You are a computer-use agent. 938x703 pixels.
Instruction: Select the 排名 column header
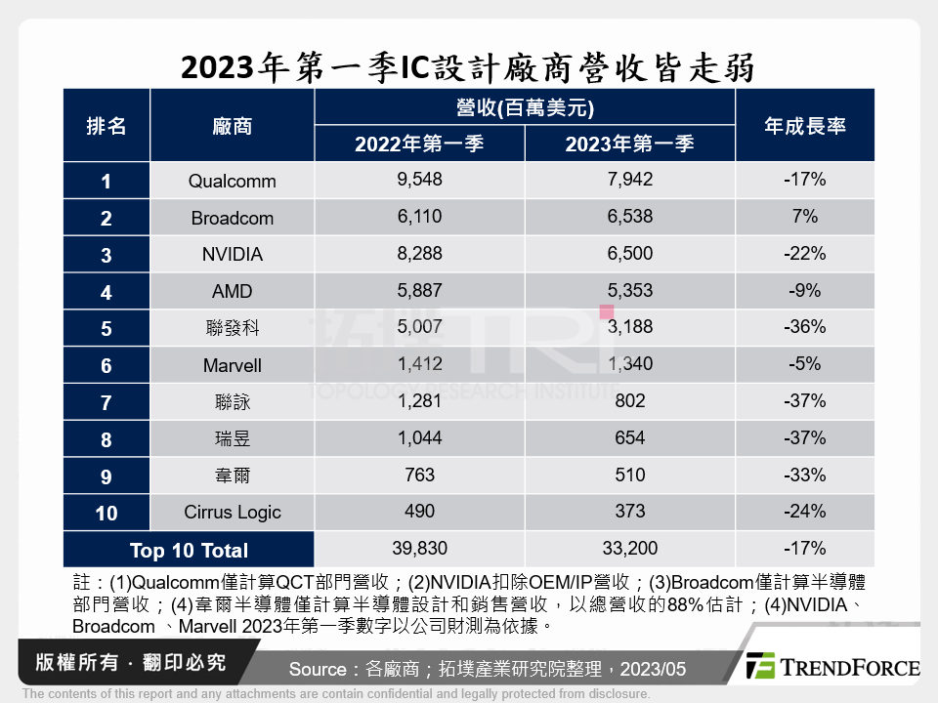pos(107,126)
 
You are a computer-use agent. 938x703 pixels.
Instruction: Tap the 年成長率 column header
pos(804,126)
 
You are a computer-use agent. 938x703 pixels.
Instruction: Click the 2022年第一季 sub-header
pos(419,144)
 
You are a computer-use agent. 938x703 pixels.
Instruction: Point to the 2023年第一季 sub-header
pos(629,144)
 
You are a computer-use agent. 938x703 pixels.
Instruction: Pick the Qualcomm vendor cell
pos(232,181)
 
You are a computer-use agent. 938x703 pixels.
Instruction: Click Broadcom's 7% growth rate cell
pos(804,217)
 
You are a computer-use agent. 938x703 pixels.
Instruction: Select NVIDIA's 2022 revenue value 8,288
pos(419,254)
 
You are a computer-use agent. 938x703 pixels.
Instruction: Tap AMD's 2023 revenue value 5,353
pos(629,291)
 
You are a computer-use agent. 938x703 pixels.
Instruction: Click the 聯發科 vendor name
pos(232,328)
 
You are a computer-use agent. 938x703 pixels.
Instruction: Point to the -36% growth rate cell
pos(804,327)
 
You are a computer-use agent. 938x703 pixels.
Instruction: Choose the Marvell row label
pos(232,365)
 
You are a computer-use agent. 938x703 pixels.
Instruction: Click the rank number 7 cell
pos(107,402)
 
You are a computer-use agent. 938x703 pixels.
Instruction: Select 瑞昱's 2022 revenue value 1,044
pos(419,438)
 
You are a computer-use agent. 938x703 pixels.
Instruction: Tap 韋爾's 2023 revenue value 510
pos(629,476)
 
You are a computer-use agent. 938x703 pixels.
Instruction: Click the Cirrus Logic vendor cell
pos(232,513)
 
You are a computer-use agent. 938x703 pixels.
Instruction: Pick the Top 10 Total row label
pos(189,550)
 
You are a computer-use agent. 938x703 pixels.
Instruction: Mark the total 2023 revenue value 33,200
pos(629,549)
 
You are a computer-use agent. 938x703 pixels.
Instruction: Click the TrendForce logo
pos(832,666)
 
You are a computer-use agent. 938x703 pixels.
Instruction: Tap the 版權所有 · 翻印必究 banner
pos(129,662)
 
